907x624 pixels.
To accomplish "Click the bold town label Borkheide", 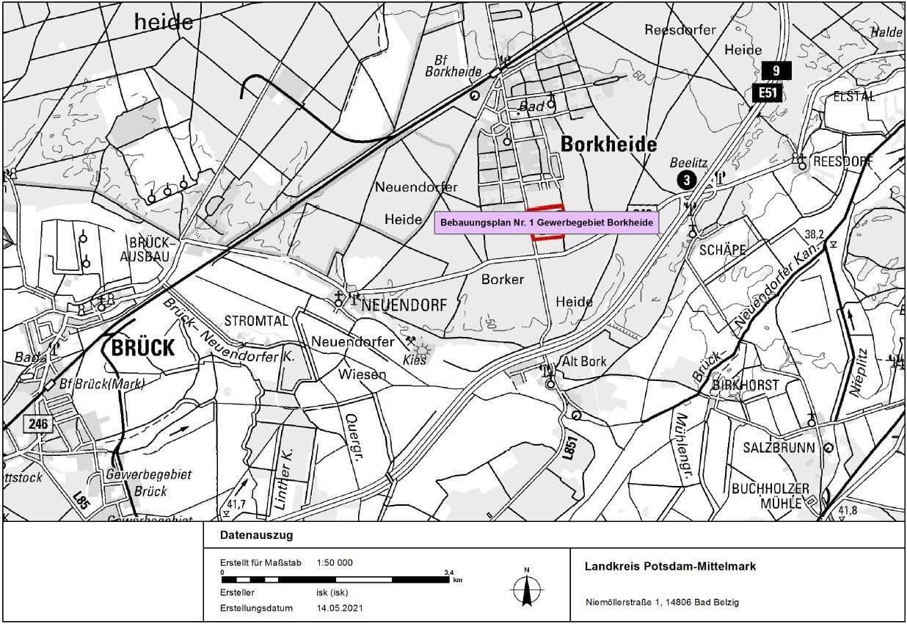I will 608,145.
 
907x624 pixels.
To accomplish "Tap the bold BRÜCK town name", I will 143,347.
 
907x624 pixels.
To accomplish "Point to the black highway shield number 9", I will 776,70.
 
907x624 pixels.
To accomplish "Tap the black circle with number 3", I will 686,180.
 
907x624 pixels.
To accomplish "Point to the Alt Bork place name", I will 584,361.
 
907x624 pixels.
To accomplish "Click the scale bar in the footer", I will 335,579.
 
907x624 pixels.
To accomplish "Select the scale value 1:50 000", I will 335,562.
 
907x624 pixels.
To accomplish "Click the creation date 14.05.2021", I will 340,608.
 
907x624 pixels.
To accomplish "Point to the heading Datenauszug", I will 256,535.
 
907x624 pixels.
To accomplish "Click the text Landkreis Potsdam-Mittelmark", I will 670,566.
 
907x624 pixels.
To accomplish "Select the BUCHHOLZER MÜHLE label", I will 770,496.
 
